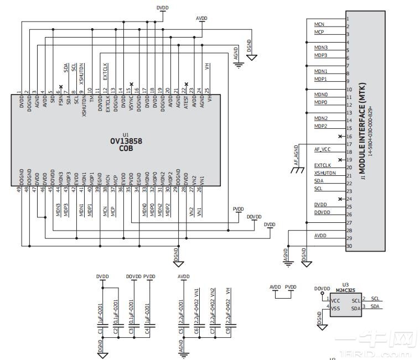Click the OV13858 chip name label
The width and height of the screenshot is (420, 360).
(126, 141)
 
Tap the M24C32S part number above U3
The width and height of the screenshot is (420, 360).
(345, 289)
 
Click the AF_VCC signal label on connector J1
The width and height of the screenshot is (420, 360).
(322, 149)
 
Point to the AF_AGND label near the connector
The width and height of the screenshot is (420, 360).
(296, 155)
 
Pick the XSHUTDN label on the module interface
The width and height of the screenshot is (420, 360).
(325, 173)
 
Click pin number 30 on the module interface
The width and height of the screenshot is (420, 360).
(349, 246)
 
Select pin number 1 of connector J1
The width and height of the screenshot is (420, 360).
(347, 18)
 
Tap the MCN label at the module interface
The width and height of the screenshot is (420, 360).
(319, 24)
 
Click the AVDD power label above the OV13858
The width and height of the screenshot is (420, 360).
(201, 18)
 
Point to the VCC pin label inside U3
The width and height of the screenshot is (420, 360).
(335, 300)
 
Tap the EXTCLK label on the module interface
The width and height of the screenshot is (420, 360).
(322, 165)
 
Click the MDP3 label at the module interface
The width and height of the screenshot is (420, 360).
(321, 55)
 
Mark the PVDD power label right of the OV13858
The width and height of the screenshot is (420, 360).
(238, 209)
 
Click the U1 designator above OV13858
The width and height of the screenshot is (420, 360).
(126, 134)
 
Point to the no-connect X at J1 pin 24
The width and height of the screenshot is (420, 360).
(341, 199)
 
